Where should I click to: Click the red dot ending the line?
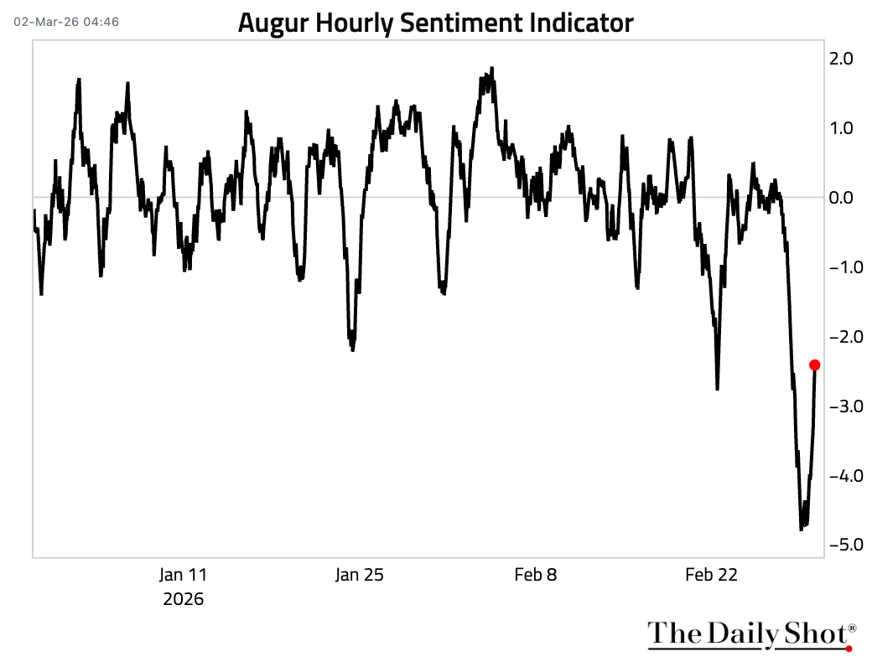[x=814, y=365]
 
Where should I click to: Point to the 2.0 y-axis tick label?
[x=841, y=59]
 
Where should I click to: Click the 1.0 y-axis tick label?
[x=841, y=128]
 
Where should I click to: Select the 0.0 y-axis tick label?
[x=841, y=198]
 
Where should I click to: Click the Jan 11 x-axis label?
[x=183, y=575]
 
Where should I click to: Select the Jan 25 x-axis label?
[x=360, y=575]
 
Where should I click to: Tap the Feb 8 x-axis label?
[x=536, y=575]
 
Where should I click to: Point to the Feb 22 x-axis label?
[x=712, y=575]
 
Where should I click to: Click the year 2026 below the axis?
[x=183, y=600]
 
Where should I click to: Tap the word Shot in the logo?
[x=813, y=634]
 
